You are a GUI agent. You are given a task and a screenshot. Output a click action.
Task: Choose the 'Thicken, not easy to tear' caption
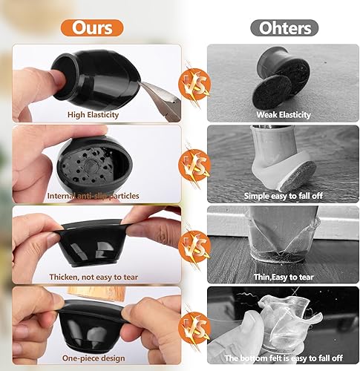[x=95, y=277]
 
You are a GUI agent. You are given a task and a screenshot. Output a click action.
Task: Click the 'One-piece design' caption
[x=95, y=357]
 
